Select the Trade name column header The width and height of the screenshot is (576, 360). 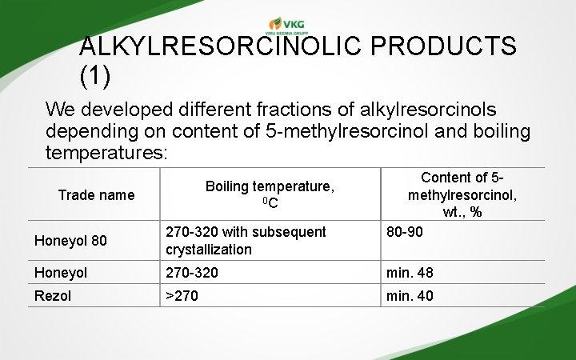(x=96, y=194)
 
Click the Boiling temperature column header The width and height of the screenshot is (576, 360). (x=270, y=194)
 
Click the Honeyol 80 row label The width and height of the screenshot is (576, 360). (x=70, y=240)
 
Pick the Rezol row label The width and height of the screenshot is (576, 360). (x=53, y=295)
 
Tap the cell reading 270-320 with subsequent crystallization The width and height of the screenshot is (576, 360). (x=246, y=240)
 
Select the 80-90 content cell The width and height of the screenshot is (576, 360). (x=405, y=232)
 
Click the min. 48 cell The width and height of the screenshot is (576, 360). (x=410, y=273)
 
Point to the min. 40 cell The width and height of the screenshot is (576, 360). (x=410, y=295)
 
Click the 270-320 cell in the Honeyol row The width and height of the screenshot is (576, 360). (x=192, y=273)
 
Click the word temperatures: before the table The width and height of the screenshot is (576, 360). (x=106, y=150)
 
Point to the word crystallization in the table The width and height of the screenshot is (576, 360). (x=209, y=250)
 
